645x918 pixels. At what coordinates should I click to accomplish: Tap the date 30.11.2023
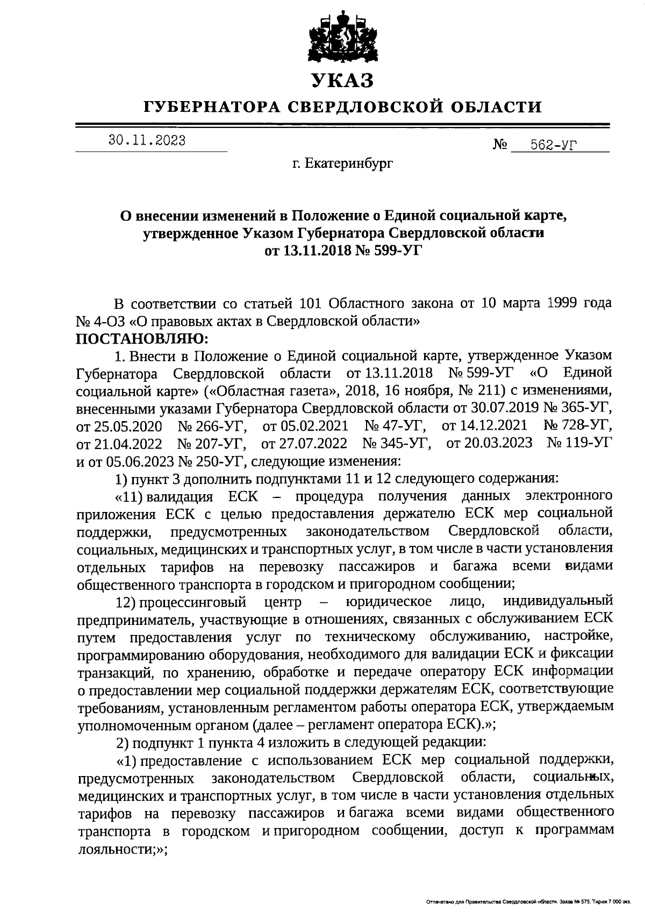tap(147, 141)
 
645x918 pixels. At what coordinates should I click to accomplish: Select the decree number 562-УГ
tap(553, 145)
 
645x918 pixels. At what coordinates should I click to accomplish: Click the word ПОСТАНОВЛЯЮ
tap(142, 339)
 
